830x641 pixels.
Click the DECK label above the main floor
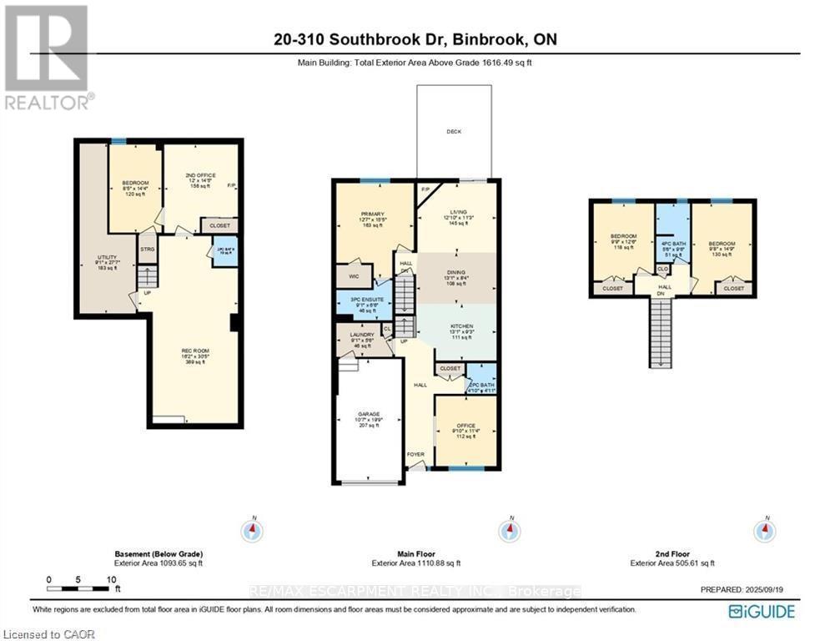click(x=454, y=132)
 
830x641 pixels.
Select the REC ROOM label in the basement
click(x=194, y=351)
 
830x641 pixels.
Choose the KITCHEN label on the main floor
click(x=462, y=326)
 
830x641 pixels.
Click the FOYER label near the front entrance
click(x=415, y=455)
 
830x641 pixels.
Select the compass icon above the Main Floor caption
click(x=506, y=530)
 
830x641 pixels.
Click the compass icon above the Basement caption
click(x=251, y=530)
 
